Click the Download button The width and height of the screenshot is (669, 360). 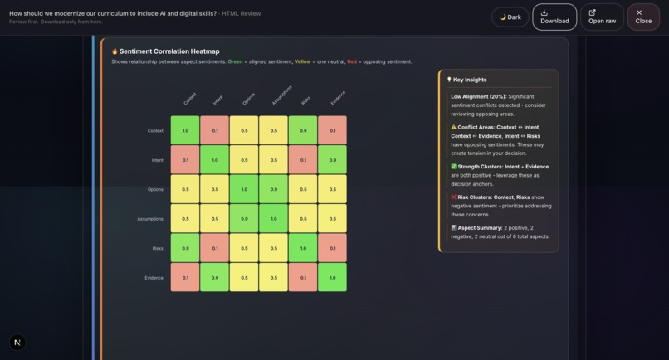tap(554, 17)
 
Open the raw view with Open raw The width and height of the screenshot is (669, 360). tap(602, 17)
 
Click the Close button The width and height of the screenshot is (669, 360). tap(643, 17)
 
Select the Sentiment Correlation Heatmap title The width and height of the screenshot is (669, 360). tap(169, 51)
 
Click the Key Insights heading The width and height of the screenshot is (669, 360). tap(470, 80)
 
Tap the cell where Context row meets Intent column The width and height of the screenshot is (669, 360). tap(215, 130)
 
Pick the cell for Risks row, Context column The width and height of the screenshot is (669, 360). tap(185, 248)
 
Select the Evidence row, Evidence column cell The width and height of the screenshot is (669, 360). tap(332, 277)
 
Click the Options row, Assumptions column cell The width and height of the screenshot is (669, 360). tap(274, 189)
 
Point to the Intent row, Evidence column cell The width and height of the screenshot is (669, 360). tap(332, 160)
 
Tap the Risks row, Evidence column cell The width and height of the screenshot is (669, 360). tap(332, 248)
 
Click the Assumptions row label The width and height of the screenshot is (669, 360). tap(150, 219)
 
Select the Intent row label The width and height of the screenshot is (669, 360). tap(157, 160)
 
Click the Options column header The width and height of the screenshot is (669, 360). tap(248, 100)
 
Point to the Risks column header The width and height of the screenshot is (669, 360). tap(305, 100)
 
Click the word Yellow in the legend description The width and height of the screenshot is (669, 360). tap(303, 61)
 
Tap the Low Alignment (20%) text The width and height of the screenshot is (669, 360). tap(478, 96)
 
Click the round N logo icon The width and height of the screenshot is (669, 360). tap(17, 342)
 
